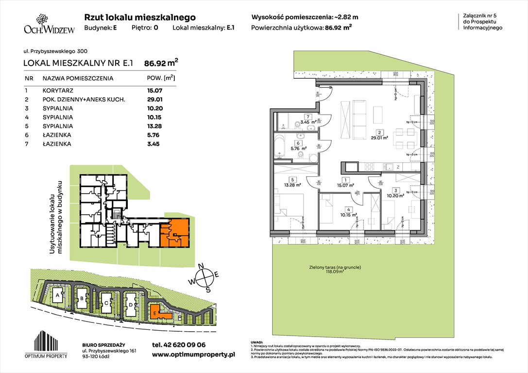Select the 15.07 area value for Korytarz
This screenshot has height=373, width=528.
click(x=154, y=90)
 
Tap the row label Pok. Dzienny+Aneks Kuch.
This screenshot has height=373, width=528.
click(x=84, y=100)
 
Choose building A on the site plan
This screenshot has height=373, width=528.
click(x=58, y=295)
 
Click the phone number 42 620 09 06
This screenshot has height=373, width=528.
click(x=179, y=345)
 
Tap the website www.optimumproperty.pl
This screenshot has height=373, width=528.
click(x=193, y=355)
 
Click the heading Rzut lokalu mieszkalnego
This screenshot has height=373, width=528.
click(x=140, y=17)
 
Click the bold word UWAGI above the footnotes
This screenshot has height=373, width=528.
click(x=257, y=342)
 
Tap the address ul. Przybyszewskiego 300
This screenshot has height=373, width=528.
click(x=55, y=51)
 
